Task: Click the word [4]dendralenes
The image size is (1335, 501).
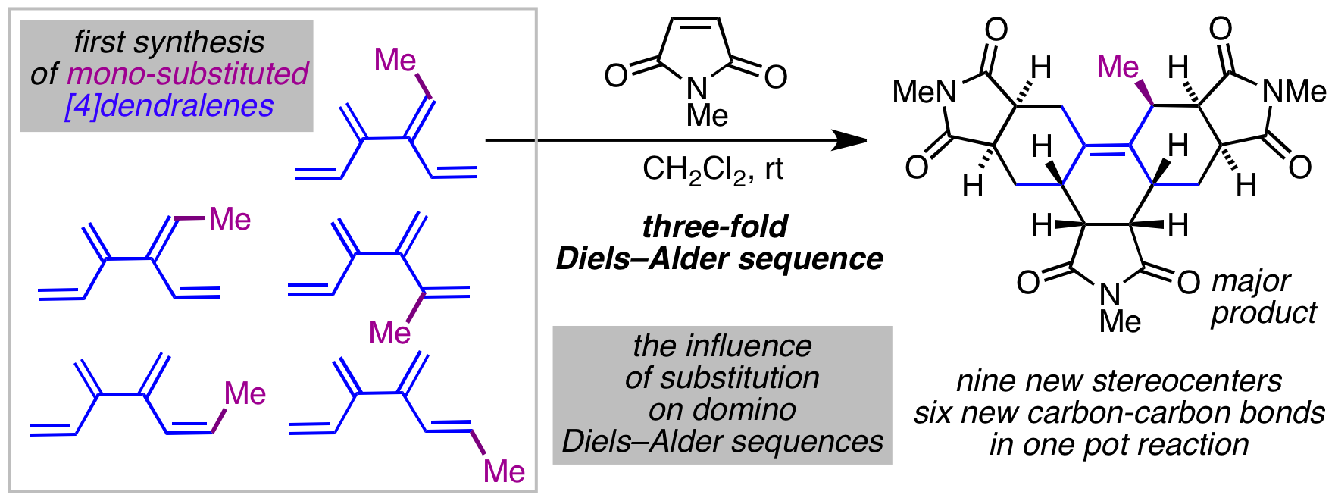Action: [x=169, y=107]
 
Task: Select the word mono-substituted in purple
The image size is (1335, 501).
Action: [x=187, y=74]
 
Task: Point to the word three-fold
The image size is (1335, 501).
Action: [x=714, y=227]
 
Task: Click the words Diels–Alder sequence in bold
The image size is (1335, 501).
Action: [x=719, y=259]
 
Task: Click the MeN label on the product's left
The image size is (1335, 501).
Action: [x=924, y=92]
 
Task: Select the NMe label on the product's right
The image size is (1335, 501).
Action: [x=1294, y=92]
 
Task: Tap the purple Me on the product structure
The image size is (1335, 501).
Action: [x=1118, y=67]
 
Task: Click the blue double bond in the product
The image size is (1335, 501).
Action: [x=1107, y=149]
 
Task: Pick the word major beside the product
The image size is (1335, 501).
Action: [x=1250, y=281]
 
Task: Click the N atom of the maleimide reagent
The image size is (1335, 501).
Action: [x=696, y=89]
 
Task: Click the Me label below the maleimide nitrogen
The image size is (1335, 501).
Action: [x=707, y=116]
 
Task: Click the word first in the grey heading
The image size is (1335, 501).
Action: [x=103, y=42]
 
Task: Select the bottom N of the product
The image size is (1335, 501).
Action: [x=1109, y=294]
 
